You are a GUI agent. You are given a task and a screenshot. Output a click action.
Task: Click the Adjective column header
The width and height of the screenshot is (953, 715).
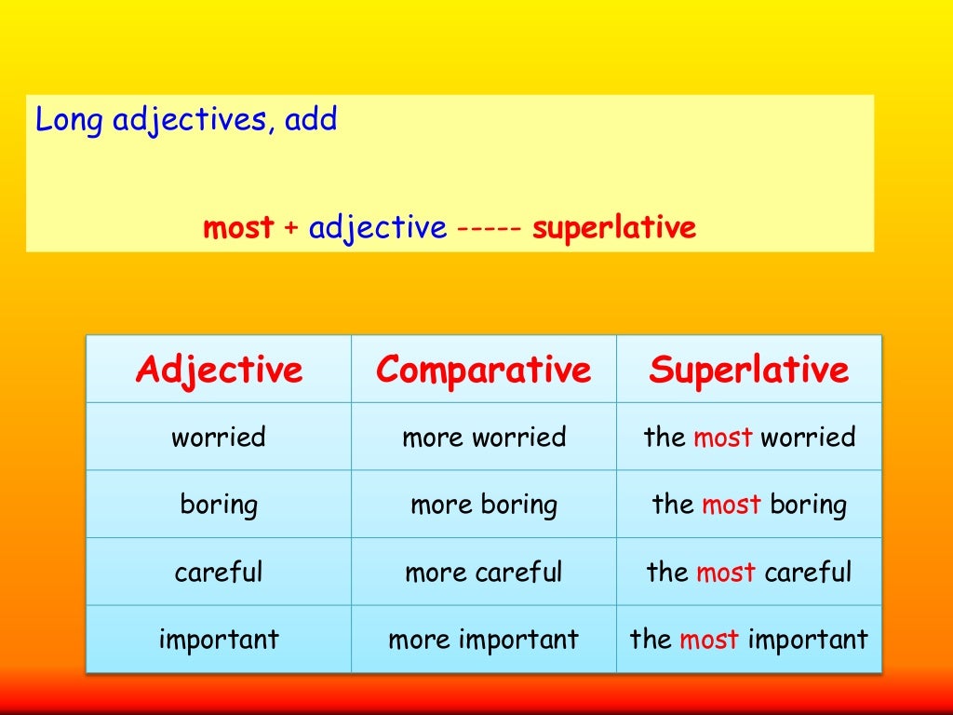coord(219,370)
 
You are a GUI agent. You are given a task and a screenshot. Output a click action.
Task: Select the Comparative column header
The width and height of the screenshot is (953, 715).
coord(483,370)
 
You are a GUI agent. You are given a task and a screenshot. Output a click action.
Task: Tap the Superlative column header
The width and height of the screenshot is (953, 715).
coord(748,370)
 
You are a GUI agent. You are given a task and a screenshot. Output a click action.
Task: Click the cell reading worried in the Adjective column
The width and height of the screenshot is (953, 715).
coord(219,437)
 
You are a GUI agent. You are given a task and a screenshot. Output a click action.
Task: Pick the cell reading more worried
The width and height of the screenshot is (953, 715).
coord(483,437)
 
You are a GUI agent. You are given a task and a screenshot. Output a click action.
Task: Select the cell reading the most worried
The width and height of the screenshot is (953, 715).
coord(748,437)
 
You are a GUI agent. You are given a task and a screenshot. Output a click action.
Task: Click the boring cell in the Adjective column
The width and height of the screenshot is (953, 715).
coord(219,505)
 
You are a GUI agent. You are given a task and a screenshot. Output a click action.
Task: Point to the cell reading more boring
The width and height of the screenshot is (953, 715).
coord(483,505)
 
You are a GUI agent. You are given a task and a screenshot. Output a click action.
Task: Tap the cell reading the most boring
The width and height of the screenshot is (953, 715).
coord(748,505)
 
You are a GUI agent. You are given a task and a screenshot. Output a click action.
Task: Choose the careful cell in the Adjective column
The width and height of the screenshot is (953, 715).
coord(219,572)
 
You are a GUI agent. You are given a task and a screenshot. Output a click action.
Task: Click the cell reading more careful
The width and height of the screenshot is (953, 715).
coord(483,572)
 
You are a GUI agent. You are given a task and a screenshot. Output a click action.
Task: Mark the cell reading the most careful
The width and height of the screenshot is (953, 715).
coord(748,572)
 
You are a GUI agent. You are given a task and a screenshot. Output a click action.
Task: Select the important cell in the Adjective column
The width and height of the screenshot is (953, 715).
coord(219,640)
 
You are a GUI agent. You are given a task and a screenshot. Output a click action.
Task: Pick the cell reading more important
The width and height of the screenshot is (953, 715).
coord(483,640)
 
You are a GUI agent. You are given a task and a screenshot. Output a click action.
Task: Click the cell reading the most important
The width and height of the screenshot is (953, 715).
coord(748,640)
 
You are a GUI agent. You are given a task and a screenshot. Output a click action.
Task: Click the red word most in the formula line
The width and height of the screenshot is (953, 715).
coord(238,228)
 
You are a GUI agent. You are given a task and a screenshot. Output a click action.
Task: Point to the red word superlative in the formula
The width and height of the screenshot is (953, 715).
coord(613,228)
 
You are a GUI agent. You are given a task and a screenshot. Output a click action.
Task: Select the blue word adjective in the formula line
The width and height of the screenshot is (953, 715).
coord(377,228)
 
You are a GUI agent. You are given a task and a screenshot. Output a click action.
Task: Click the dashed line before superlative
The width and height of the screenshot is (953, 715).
coord(489,228)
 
